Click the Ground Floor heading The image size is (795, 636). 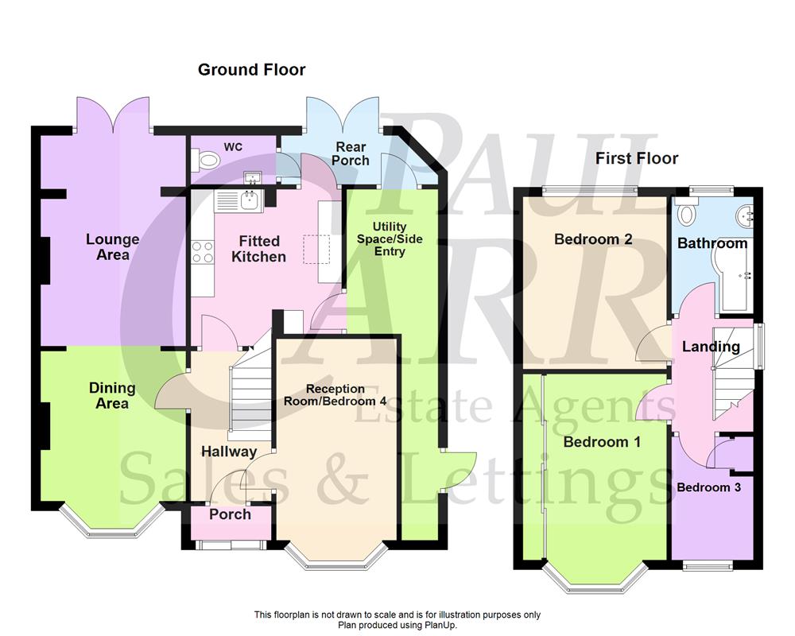pos(251,70)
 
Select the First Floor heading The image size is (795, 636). pos(637,158)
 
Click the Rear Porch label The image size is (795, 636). pos(351,153)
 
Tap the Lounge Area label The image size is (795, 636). pos(112,246)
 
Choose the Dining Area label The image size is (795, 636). pos(112,395)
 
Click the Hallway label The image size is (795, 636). pos(228,452)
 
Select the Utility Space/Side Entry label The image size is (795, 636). pos(389,239)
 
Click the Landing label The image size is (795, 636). pos(711,347)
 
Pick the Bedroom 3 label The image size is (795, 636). pos(708,487)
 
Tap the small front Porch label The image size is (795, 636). pos(230,514)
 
